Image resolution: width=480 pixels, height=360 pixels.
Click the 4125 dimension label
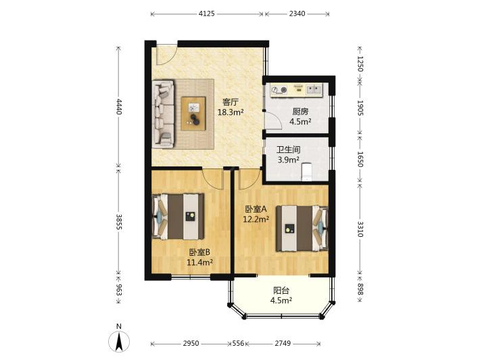click(x=207, y=14)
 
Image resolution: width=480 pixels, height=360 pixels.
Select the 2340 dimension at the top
click(x=297, y=14)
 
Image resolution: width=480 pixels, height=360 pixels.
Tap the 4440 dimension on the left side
click(x=119, y=107)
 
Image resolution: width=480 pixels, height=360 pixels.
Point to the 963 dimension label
click(x=119, y=290)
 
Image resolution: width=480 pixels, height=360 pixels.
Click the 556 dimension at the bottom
click(x=238, y=344)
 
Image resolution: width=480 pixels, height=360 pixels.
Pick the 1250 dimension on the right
click(x=360, y=64)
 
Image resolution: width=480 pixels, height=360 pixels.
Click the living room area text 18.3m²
click(x=231, y=112)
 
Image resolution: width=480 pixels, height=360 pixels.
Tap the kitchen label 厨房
click(x=300, y=112)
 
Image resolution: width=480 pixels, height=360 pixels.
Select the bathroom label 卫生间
click(x=288, y=150)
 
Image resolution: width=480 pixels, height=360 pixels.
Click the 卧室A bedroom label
click(x=256, y=209)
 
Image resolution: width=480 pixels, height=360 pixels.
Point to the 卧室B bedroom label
click(x=199, y=252)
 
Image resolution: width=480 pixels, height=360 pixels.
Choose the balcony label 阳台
click(x=281, y=290)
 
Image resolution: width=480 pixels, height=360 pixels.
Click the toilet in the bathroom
click(x=306, y=172)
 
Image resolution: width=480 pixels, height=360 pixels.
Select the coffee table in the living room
click(x=193, y=114)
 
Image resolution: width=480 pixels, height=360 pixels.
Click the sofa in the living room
click(x=163, y=114)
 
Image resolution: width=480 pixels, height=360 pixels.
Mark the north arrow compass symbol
click(x=119, y=340)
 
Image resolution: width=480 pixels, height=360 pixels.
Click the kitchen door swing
click(x=273, y=120)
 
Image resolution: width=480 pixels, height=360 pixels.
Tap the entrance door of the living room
click(x=166, y=55)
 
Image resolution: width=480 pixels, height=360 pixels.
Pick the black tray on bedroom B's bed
click(x=191, y=217)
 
